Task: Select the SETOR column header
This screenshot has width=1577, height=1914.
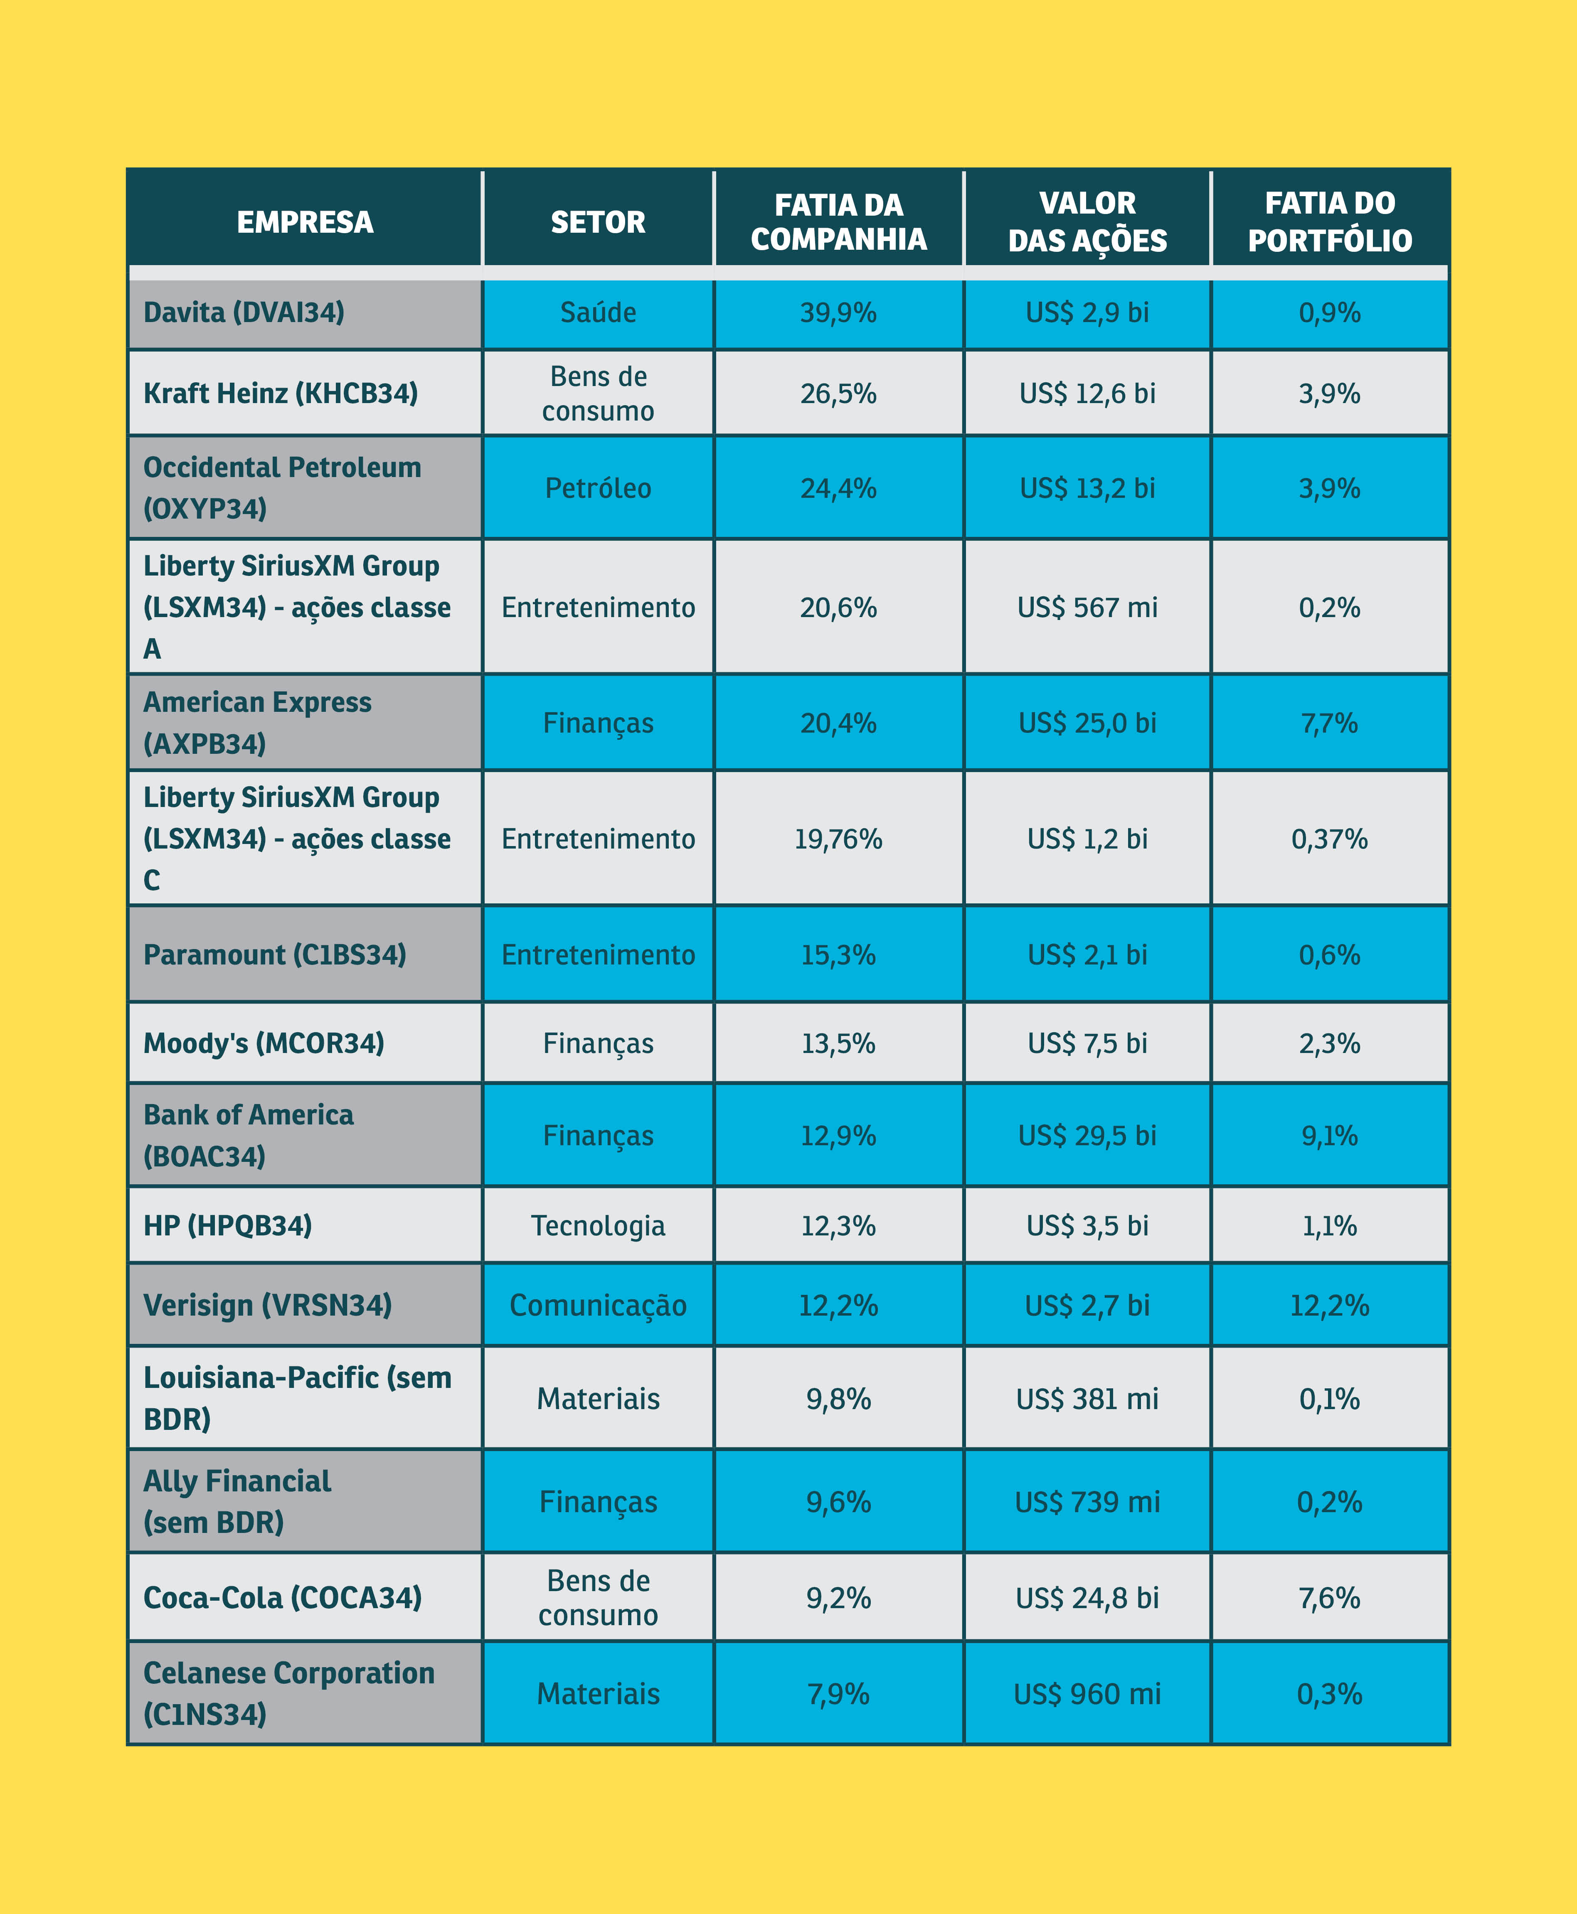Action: (x=598, y=221)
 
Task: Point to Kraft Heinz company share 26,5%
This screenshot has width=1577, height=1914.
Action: (x=838, y=393)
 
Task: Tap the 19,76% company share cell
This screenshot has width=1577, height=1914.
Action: (x=838, y=839)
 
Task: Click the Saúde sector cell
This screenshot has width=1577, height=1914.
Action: (x=598, y=312)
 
